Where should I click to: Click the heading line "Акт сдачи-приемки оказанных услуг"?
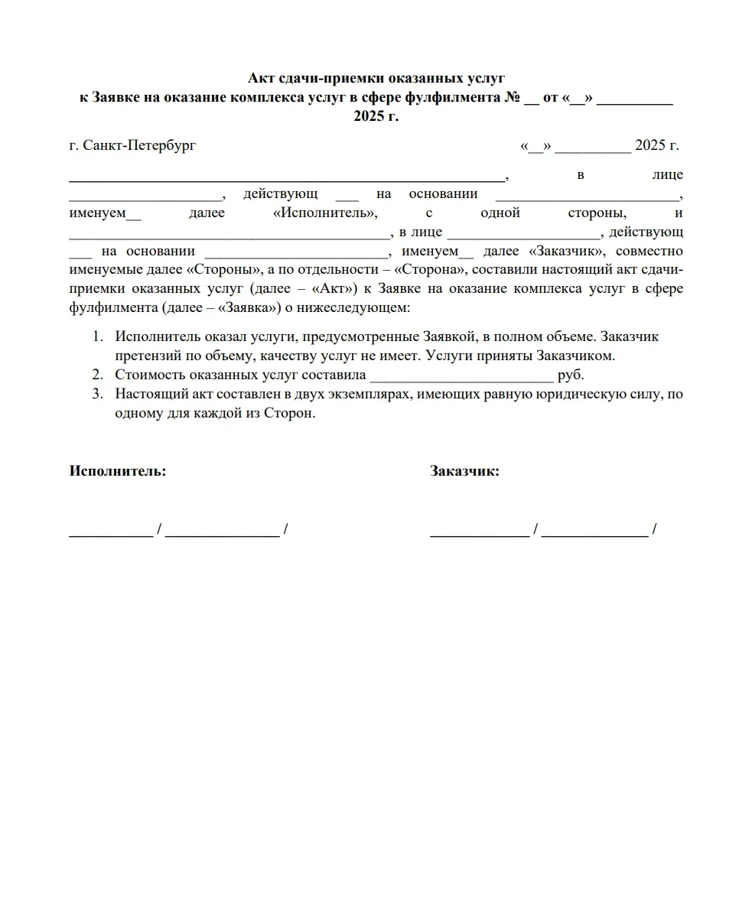coord(376,79)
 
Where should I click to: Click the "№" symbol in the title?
coord(511,98)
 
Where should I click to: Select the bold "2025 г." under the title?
coord(376,117)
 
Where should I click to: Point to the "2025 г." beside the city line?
coord(656,145)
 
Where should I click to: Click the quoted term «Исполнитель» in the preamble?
coord(325,213)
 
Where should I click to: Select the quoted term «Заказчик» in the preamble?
coord(567,251)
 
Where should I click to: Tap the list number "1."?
coord(97,336)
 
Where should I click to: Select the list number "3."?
coord(97,395)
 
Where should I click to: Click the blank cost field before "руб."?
coord(461,376)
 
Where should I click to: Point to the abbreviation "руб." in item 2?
coord(571,375)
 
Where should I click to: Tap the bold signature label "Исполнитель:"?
coord(118,471)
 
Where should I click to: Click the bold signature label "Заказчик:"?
coord(464,471)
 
